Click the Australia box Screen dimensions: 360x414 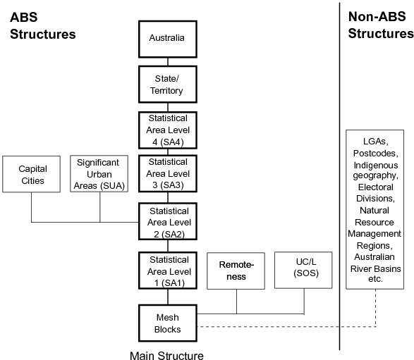pos(167,37)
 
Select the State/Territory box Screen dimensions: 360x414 pos(167,85)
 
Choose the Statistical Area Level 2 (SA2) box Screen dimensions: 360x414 pos(167,221)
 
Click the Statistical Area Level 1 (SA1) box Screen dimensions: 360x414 pos(167,270)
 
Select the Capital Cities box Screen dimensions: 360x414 pos(32,175)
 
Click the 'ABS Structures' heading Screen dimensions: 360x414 pos(42,25)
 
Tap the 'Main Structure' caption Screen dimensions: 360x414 pos(166,353)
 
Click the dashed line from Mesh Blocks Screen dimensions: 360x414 pos(282,326)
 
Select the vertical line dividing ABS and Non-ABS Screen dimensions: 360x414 pos(340,176)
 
